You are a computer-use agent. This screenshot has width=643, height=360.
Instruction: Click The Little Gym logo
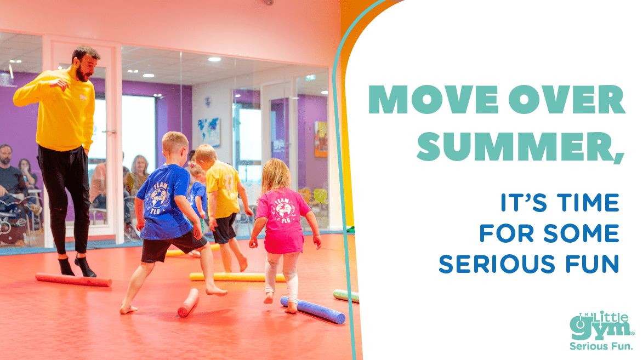[x=601, y=325]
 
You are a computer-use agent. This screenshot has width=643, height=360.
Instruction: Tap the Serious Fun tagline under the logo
[x=601, y=346]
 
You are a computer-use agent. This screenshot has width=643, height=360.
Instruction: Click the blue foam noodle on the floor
[x=313, y=310]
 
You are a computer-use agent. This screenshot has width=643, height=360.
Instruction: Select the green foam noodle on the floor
[x=346, y=296]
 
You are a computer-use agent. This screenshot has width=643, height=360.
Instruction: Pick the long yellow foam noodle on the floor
[x=237, y=277]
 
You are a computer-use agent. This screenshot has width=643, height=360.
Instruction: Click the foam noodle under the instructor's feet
[x=73, y=279]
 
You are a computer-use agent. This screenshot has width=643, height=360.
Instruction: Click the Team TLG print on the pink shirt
[x=283, y=210]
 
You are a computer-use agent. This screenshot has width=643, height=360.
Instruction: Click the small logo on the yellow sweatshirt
[x=83, y=98]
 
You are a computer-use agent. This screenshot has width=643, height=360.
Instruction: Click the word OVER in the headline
[x=567, y=100]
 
